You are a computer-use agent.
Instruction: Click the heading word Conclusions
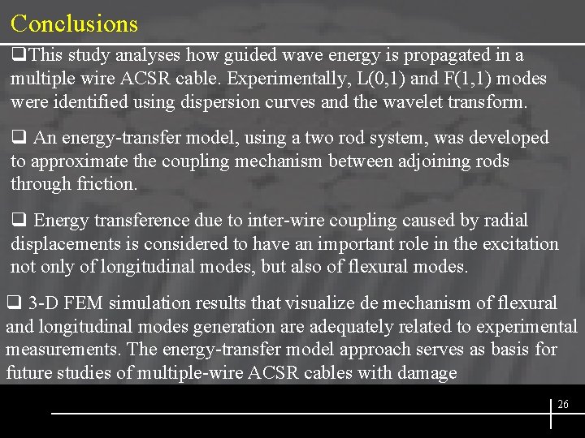pos(75,24)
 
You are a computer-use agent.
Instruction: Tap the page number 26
pos(563,404)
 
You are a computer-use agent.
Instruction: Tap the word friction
pos(105,183)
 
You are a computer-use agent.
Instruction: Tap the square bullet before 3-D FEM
pos(12,303)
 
